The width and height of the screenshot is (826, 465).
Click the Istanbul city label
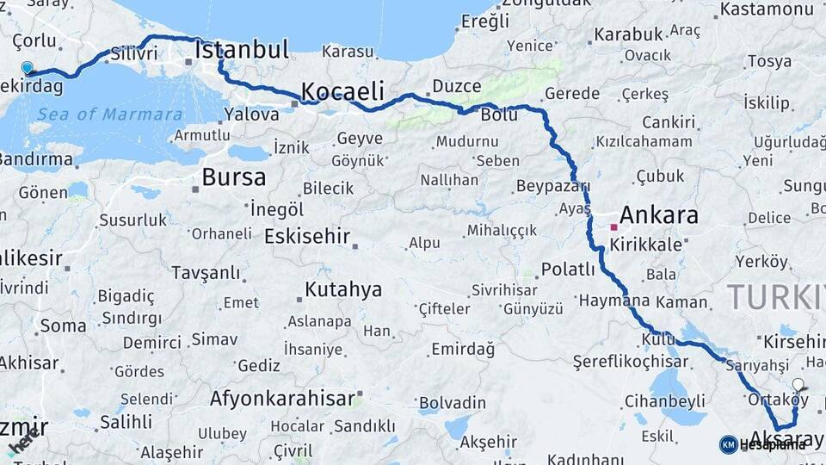click(242, 50)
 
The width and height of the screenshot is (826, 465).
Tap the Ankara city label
click(659, 215)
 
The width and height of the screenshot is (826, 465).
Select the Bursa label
click(234, 177)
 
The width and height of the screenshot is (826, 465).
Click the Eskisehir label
click(307, 236)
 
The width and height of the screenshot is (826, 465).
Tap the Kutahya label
click(343, 289)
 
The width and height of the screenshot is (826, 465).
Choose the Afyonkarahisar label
click(282, 399)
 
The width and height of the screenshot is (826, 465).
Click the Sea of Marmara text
click(110, 115)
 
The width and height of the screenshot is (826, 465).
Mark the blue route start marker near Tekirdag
click(28, 67)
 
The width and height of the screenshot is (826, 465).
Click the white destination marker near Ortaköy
click(798, 386)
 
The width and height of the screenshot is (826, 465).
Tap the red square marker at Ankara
click(613, 227)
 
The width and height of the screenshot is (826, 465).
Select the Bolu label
click(499, 115)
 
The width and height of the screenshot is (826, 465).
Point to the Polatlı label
click(568, 270)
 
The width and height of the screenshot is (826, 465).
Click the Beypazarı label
click(553, 186)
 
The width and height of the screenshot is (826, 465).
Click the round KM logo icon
click(728, 444)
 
